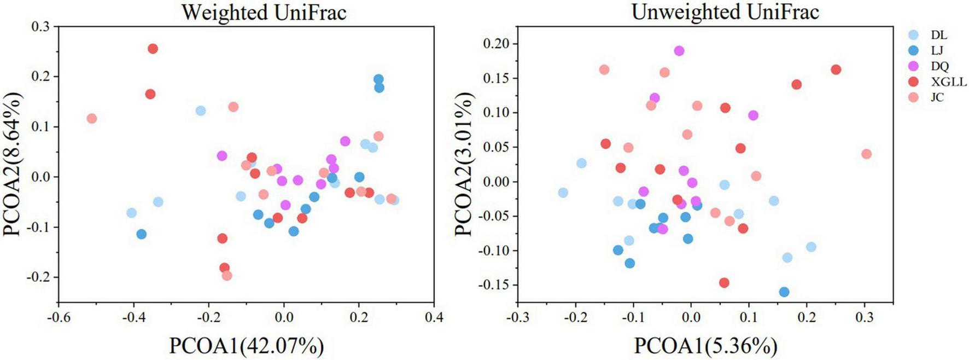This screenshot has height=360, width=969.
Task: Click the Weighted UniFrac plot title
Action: [264, 12]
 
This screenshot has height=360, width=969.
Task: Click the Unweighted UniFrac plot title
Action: [725, 11]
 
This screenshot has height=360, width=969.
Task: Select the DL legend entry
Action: [938, 35]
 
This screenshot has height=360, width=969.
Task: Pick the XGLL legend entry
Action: [948, 82]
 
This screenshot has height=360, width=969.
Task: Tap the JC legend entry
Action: [937, 97]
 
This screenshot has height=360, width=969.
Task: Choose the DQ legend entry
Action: [939, 66]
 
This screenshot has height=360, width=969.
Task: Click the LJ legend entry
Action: [937, 50]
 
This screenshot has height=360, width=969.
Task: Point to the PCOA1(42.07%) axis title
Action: [246, 346]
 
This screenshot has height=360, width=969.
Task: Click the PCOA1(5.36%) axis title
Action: [705, 346]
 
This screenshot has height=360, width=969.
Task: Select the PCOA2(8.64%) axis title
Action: [13, 164]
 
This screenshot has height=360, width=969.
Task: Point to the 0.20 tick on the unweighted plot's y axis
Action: [495, 44]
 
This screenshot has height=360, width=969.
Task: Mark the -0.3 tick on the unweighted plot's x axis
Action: [517, 317]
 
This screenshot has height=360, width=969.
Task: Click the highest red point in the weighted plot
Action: [153, 49]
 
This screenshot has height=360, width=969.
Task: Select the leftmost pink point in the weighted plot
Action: [92, 118]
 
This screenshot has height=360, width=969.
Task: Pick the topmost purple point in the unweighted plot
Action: [679, 51]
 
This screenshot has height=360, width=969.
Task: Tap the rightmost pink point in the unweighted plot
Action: [866, 154]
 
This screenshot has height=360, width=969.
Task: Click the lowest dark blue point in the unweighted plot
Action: [784, 292]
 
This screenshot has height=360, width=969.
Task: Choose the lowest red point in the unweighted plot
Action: [724, 283]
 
